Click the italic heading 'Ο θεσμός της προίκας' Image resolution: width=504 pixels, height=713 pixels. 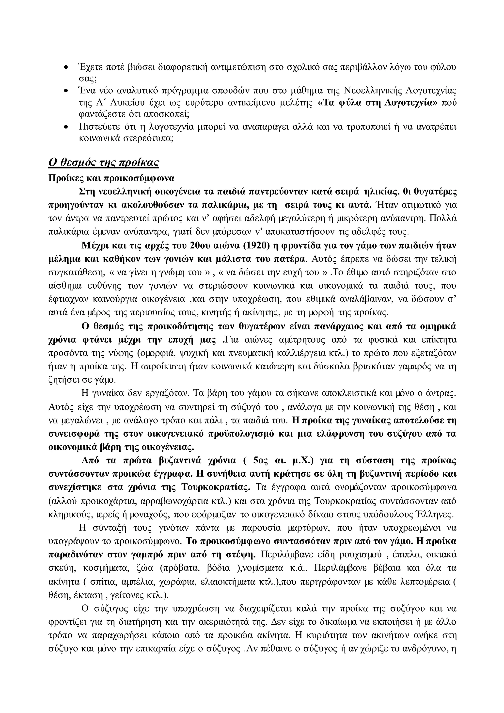pos(104,162)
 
